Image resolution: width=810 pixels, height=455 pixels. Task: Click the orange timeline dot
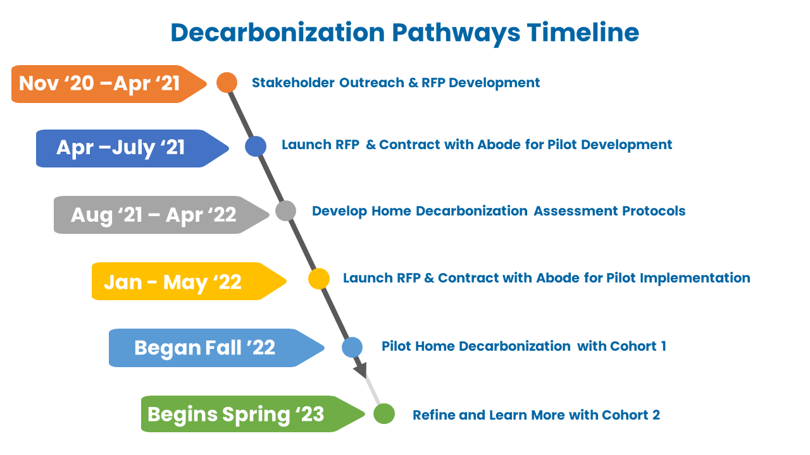tap(227, 83)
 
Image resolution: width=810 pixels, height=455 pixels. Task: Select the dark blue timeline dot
tap(256, 146)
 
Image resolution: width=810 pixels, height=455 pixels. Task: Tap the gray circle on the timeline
tap(285, 211)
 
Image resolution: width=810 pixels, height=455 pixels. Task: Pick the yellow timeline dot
tap(319, 279)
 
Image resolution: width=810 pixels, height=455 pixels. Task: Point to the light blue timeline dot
tap(352, 348)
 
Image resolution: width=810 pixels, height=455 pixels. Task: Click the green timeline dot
tap(384, 413)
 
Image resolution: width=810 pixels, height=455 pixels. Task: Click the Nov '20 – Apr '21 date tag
tap(108, 84)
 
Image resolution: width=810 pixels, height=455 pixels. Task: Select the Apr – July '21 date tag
tap(132, 149)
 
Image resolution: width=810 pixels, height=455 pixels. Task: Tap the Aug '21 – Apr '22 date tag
tap(161, 215)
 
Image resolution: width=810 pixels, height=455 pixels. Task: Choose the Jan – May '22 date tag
tap(189, 281)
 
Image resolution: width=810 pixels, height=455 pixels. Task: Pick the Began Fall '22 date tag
tap(216, 348)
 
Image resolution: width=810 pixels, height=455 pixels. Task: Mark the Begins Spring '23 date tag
tap(252, 414)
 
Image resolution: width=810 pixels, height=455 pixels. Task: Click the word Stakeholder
tap(293, 83)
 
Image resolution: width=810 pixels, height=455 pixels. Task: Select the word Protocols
tap(654, 211)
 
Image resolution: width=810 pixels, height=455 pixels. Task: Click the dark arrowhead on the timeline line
tap(361, 370)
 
